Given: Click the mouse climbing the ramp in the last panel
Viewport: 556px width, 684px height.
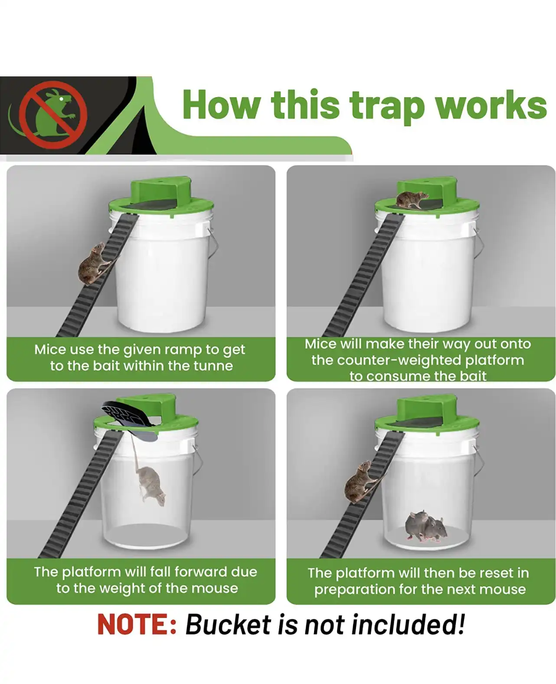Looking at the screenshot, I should point(362,482).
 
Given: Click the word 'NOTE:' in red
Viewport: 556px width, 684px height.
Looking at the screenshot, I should point(137,625).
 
